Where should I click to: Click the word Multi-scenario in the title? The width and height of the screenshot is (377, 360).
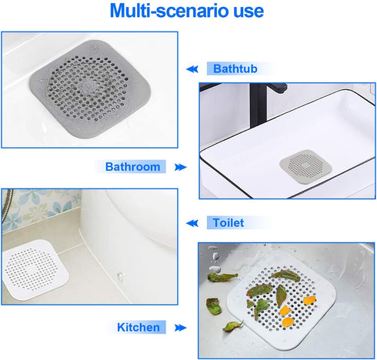click(162, 12)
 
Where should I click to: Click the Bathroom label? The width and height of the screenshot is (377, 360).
click(133, 166)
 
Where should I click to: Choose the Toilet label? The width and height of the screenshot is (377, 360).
click(228, 222)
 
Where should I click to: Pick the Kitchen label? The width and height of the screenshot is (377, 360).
click(138, 327)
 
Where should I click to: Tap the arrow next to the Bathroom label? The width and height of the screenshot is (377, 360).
click(180, 166)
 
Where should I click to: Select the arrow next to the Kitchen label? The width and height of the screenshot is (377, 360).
click(179, 327)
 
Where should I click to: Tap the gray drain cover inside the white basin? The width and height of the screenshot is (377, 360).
click(303, 165)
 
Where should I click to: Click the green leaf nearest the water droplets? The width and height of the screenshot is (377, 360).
click(219, 276)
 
